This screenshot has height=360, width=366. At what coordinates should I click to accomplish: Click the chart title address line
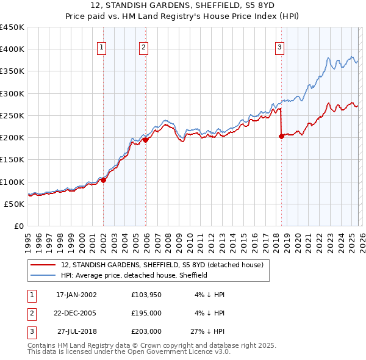182,5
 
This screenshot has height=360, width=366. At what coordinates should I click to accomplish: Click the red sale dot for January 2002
103,180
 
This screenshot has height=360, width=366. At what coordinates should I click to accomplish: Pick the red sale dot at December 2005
146,140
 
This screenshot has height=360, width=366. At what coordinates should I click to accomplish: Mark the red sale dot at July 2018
281,137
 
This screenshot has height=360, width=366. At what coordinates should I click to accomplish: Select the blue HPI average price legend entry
134,275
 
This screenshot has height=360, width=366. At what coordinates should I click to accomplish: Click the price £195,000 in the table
146,313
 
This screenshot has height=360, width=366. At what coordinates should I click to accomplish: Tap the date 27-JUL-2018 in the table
78,331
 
